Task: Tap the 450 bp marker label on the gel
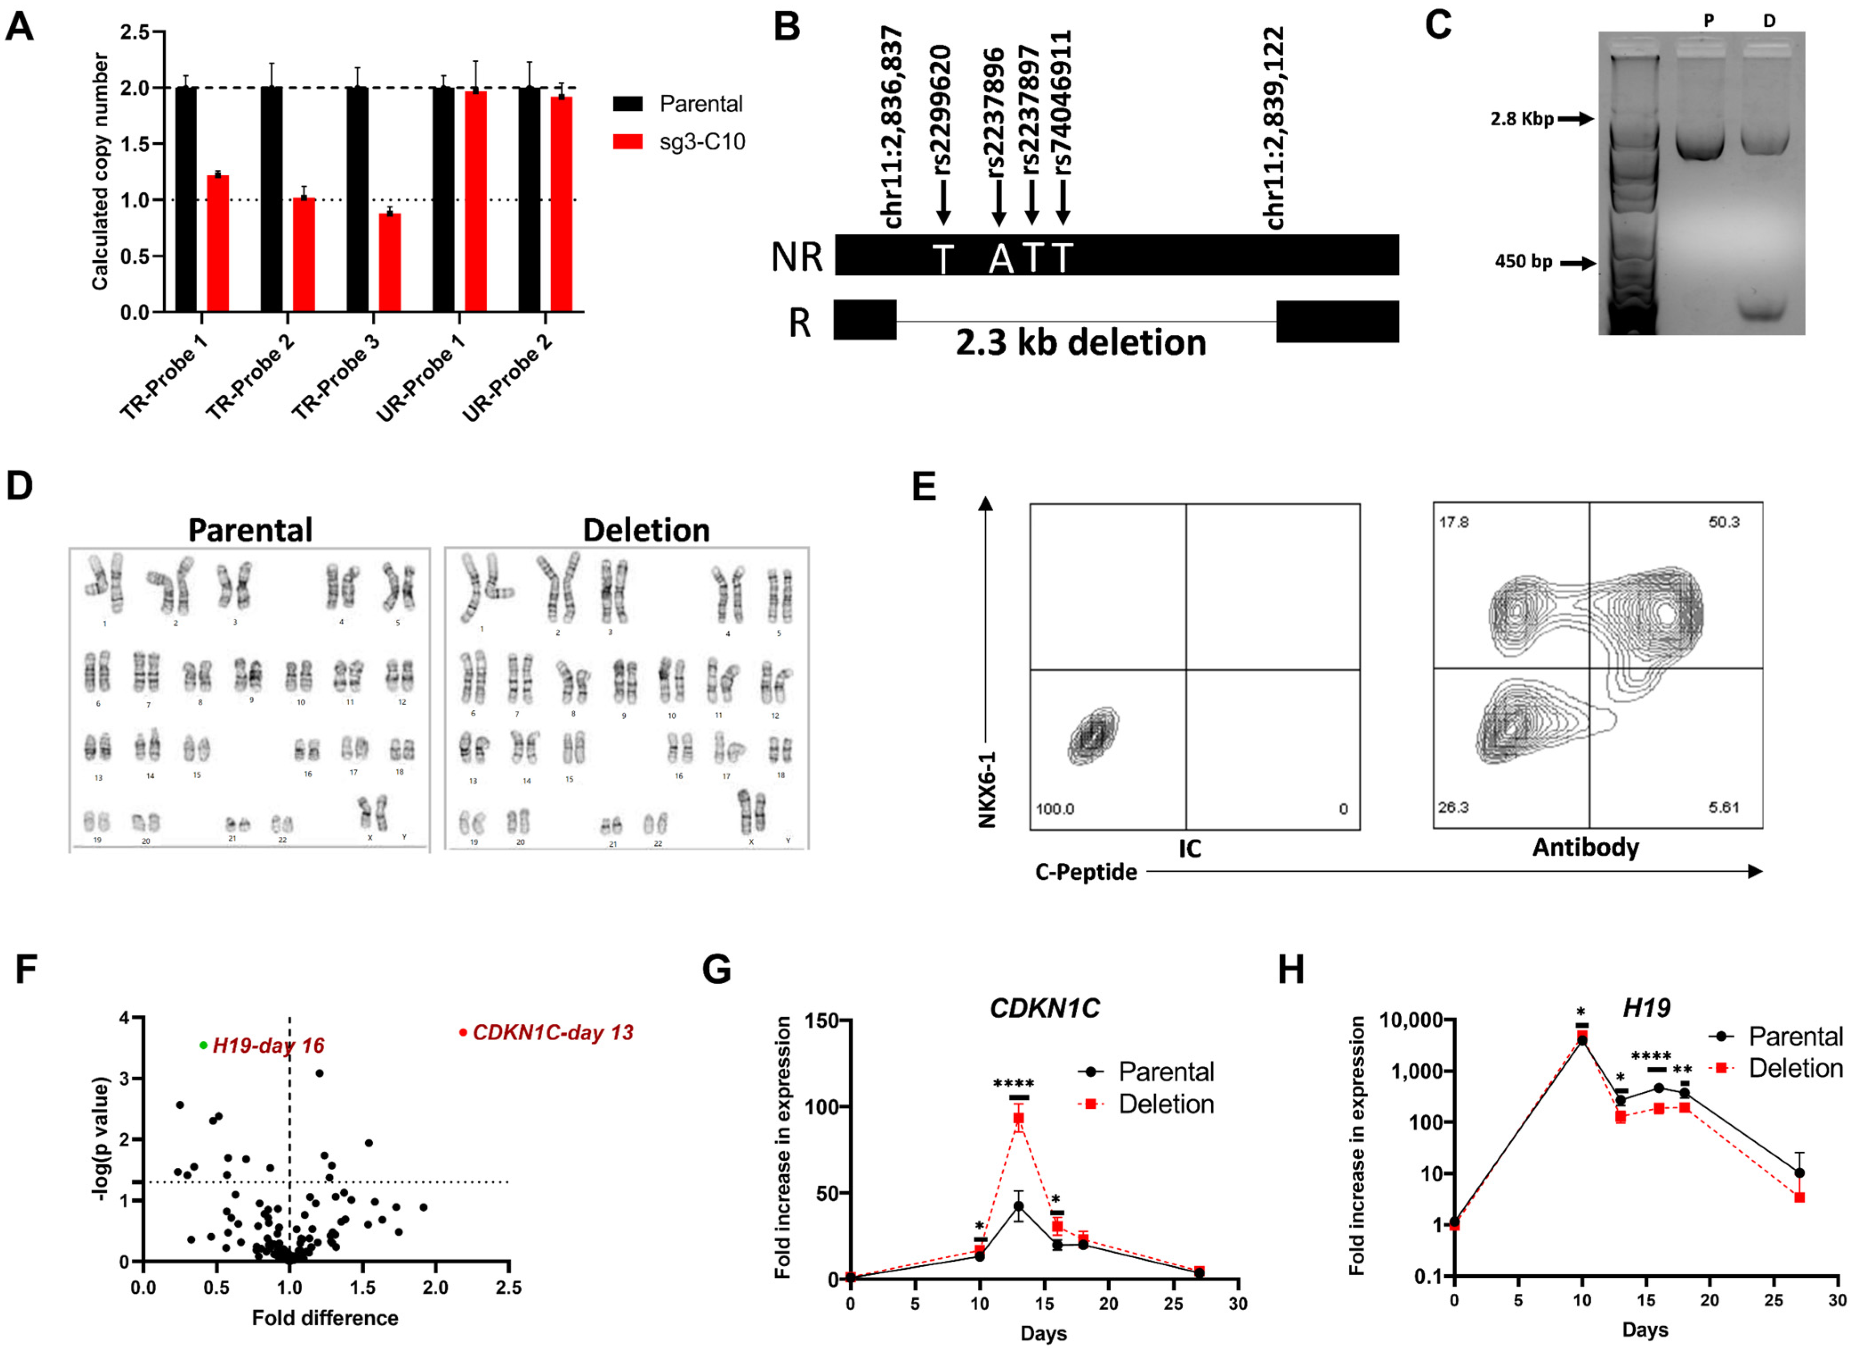click(1523, 262)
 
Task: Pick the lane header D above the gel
click(1769, 20)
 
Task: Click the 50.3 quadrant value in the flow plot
click(1723, 522)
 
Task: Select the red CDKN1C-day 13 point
click(463, 1032)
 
